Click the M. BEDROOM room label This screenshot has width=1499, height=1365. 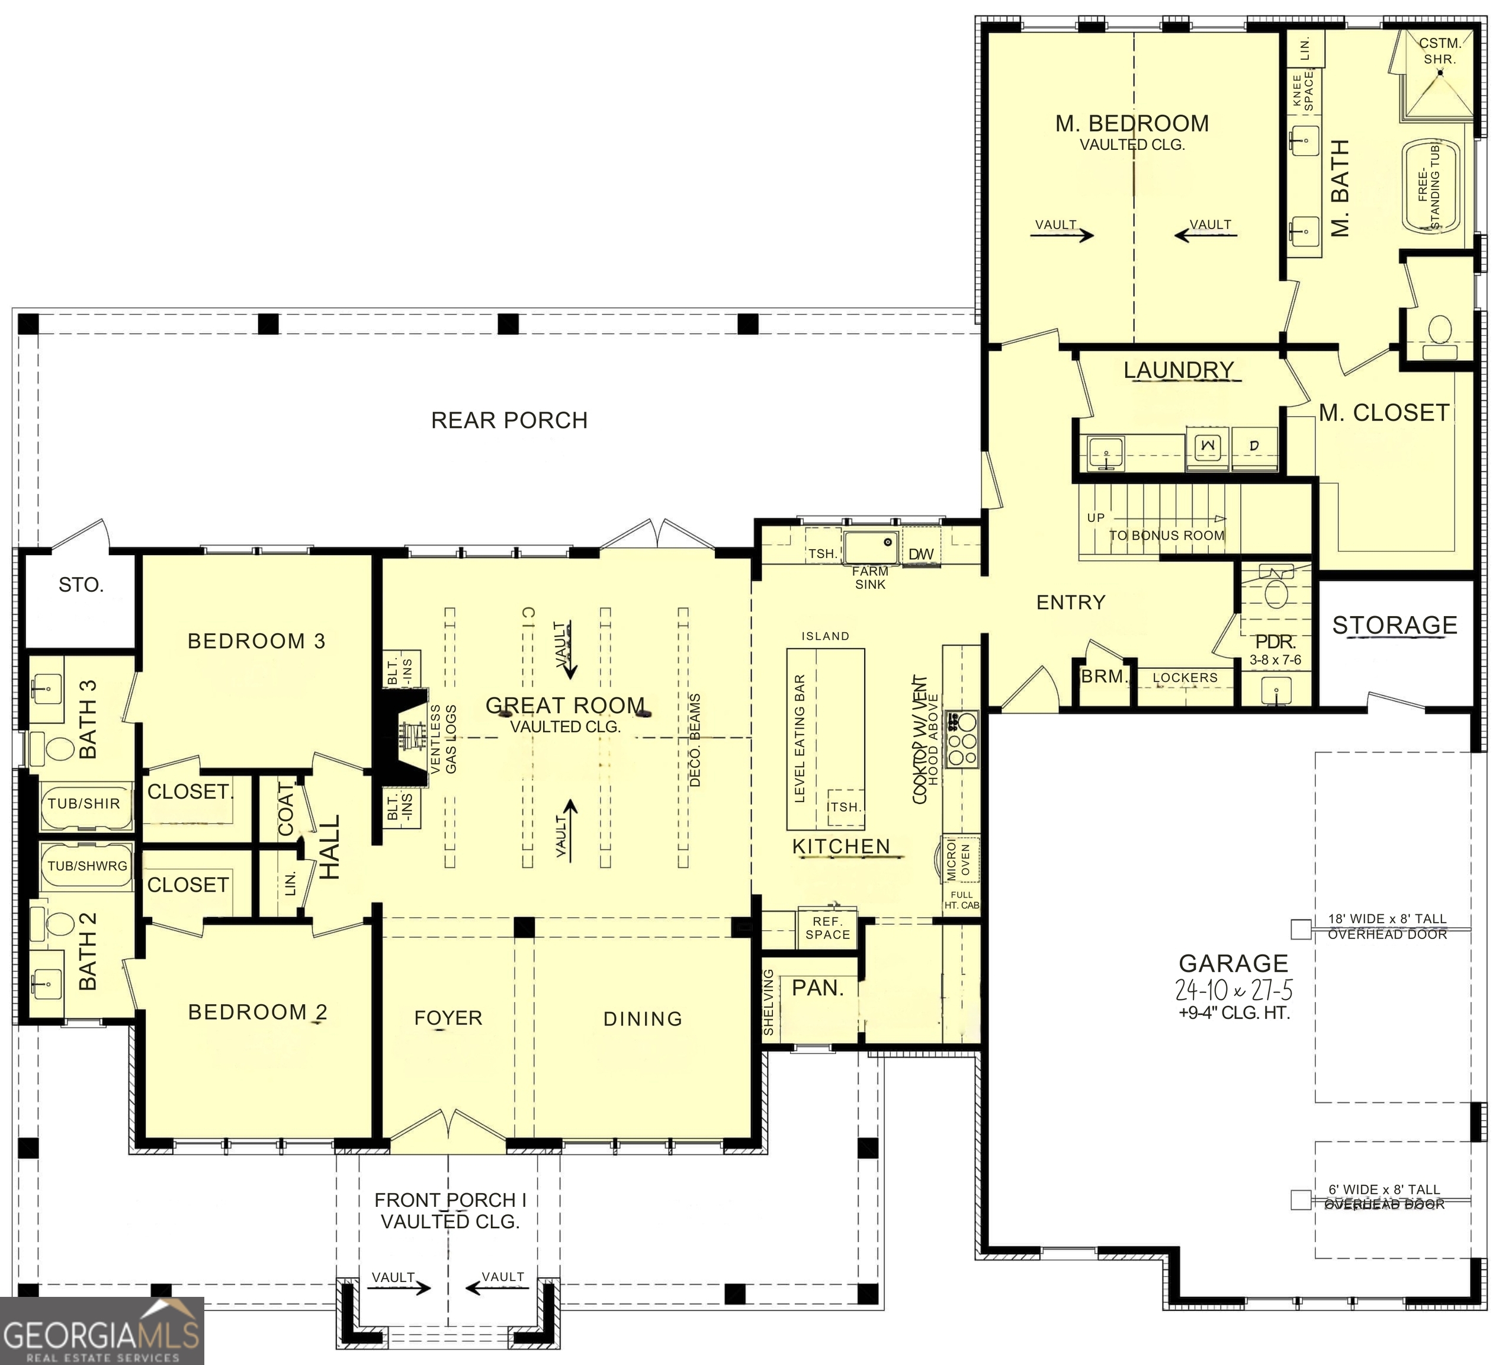tap(1132, 123)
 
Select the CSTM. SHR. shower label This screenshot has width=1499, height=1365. tap(1439, 50)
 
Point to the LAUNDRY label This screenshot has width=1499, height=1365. tap(1178, 370)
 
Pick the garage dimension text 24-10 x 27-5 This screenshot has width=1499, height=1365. tap(1234, 990)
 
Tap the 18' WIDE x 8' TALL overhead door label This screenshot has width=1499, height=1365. tap(1386, 926)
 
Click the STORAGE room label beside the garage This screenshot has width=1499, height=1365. tap(1394, 625)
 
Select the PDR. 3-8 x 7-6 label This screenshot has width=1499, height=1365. tap(1275, 649)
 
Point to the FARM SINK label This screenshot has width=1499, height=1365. tap(870, 577)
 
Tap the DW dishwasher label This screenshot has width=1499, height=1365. tap(920, 554)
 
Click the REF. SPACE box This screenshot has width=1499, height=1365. tap(827, 928)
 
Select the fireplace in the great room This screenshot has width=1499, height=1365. tap(405, 737)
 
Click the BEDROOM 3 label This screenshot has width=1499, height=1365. tap(256, 641)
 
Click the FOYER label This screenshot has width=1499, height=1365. tap(448, 1018)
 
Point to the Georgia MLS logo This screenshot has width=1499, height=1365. tap(102, 1331)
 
